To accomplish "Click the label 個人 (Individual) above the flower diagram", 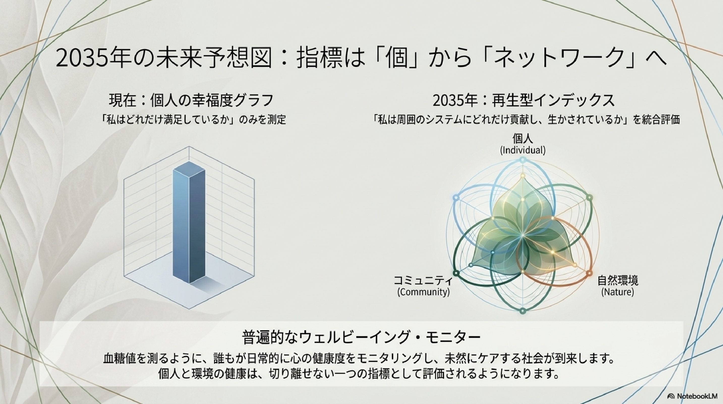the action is click(x=523, y=144).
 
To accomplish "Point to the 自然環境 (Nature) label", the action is click(x=618, y=286).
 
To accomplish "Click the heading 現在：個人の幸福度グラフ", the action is click(x=191, y=100).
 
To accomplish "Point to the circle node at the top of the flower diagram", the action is click(x=522, y=160).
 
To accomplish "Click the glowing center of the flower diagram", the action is click(x=522, y=235).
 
